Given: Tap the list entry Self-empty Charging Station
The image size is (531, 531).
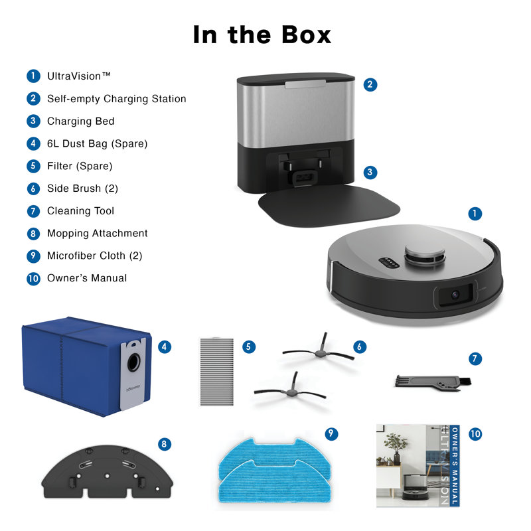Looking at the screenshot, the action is click(x=117, y=99).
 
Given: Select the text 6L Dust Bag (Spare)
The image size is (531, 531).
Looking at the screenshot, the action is click(x=97, y=143).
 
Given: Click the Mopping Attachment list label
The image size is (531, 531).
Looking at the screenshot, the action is click(x=97, y=234).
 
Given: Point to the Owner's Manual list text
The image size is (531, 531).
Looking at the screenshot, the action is click(x=87, y=278).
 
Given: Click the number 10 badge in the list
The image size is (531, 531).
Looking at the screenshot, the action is click(x=33, y=278).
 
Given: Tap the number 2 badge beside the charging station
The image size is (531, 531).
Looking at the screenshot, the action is click(x=370, y=84).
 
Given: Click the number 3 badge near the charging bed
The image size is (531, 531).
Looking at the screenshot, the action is click(x=370, y=173).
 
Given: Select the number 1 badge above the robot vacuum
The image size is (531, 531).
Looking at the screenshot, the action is click(x=475, y=213).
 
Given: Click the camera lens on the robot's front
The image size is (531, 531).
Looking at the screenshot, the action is click(x=455, y=295).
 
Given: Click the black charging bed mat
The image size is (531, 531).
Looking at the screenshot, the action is click(x=329, y=205).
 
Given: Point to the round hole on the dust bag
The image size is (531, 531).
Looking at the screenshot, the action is click(x=134, y=362).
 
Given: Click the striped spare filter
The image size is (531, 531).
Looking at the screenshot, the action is click(x=217, y=372).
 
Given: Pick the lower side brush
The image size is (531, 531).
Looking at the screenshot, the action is click(x=291, y=390).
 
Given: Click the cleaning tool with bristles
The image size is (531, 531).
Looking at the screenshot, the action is click(x=433, y=383).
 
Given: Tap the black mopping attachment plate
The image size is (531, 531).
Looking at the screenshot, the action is click(x=107, y=473).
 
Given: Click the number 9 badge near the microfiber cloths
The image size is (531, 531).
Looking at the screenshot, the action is click(x=331, y=434).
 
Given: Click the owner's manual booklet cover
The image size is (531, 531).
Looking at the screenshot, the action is click(x=418, y=466).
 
